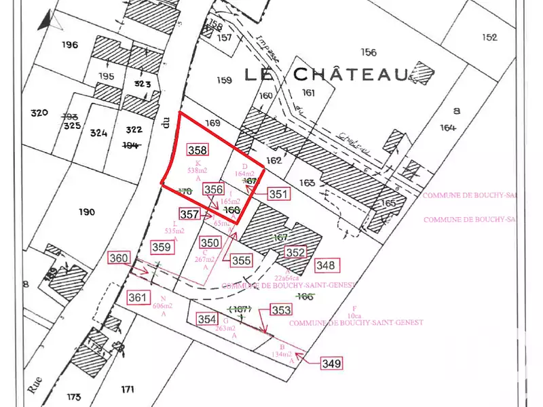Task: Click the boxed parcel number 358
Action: point(198,150)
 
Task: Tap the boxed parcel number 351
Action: point(279,194)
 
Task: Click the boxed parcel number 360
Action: point(119,258)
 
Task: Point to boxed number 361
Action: point(138,298)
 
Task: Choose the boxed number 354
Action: point(206,319)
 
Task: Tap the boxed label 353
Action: point(281,310)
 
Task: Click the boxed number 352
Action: point(295,252)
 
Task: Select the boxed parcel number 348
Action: point(326,265)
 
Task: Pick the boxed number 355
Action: point(242,260)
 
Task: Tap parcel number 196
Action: point(69,45)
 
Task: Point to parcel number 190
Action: point(86,212)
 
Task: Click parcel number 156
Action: point(369,52)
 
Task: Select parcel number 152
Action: point(489,37)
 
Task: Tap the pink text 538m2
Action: point(198,171)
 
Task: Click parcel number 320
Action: point(39,113)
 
